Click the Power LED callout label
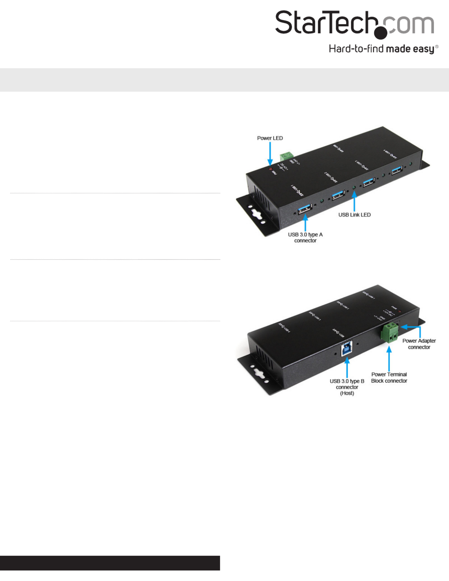pyautogui.click(x=270, y=138)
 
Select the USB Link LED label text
pyautogui.click(x=354, y=215)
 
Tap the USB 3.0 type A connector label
pyautogui.click(x=305, y=237)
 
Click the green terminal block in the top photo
pyautogui.click(x=286, y=156)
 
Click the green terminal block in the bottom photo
pyautogui.click(x=390, y=332)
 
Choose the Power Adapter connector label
pyautogui.click(x=419, y=344)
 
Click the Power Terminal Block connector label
pyautogui.click(x=389, y=378)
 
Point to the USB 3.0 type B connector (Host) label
pyautogui.click(x=347, y=387)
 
